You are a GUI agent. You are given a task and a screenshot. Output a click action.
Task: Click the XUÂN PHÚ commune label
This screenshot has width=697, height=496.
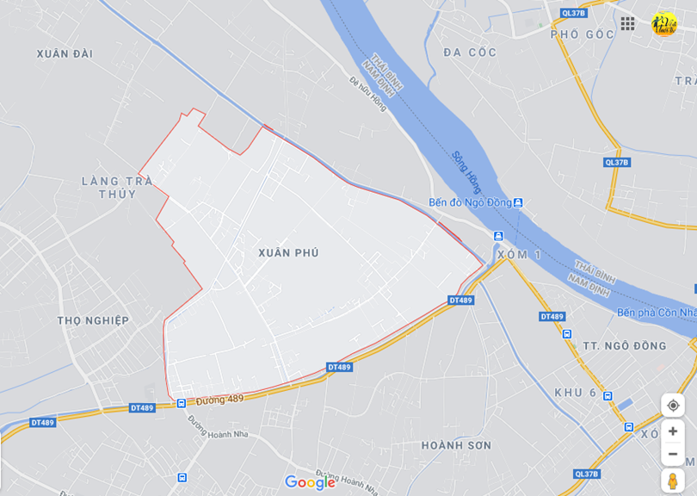pyautogui.click(x=288, y=252)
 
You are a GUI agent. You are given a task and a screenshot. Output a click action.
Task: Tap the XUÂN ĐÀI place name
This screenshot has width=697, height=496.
pyautogui.click(x=65, y=53)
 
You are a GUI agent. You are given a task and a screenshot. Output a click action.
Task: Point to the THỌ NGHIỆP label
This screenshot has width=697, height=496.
pyautogui.click(x=93, y=320)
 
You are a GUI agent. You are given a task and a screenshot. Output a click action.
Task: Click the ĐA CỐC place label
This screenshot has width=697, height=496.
pyautogui.click(x=470, y=53)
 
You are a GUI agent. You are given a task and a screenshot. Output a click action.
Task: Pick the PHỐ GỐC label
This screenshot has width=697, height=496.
pyautogui.click(x=583, y=34)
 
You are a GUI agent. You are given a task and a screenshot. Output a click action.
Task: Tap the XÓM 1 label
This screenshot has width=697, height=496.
pyautogui.click(x=520, y=255)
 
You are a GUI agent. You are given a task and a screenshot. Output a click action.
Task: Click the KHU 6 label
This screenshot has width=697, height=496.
pyautogui.click(x=576, y=393)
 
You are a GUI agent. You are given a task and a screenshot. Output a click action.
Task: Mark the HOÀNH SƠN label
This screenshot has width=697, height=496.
pyautogui.click(x=456, y=445)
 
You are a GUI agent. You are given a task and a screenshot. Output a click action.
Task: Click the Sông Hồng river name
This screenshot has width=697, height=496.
pyautogui.click(x=466, y=172)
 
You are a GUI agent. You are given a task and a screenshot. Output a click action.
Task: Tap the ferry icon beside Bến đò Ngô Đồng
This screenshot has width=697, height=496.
pyautogui.click(x=518, y=203)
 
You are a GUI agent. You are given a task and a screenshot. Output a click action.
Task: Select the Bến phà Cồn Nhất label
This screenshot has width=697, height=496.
pyautogui.click(x=656, y=312)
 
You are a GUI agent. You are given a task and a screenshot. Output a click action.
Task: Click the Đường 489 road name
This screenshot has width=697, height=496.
pyautogui.click(x=219, y=400)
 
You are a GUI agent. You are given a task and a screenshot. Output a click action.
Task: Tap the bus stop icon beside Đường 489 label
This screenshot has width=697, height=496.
pyautogui.click(x=182, y=403)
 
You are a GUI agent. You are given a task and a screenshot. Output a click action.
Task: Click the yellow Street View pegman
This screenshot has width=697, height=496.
pyautogui.click(x=672, y=480)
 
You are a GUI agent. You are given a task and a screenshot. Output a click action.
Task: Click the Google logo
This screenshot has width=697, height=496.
pyautogui.click(x=310, y=483)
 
